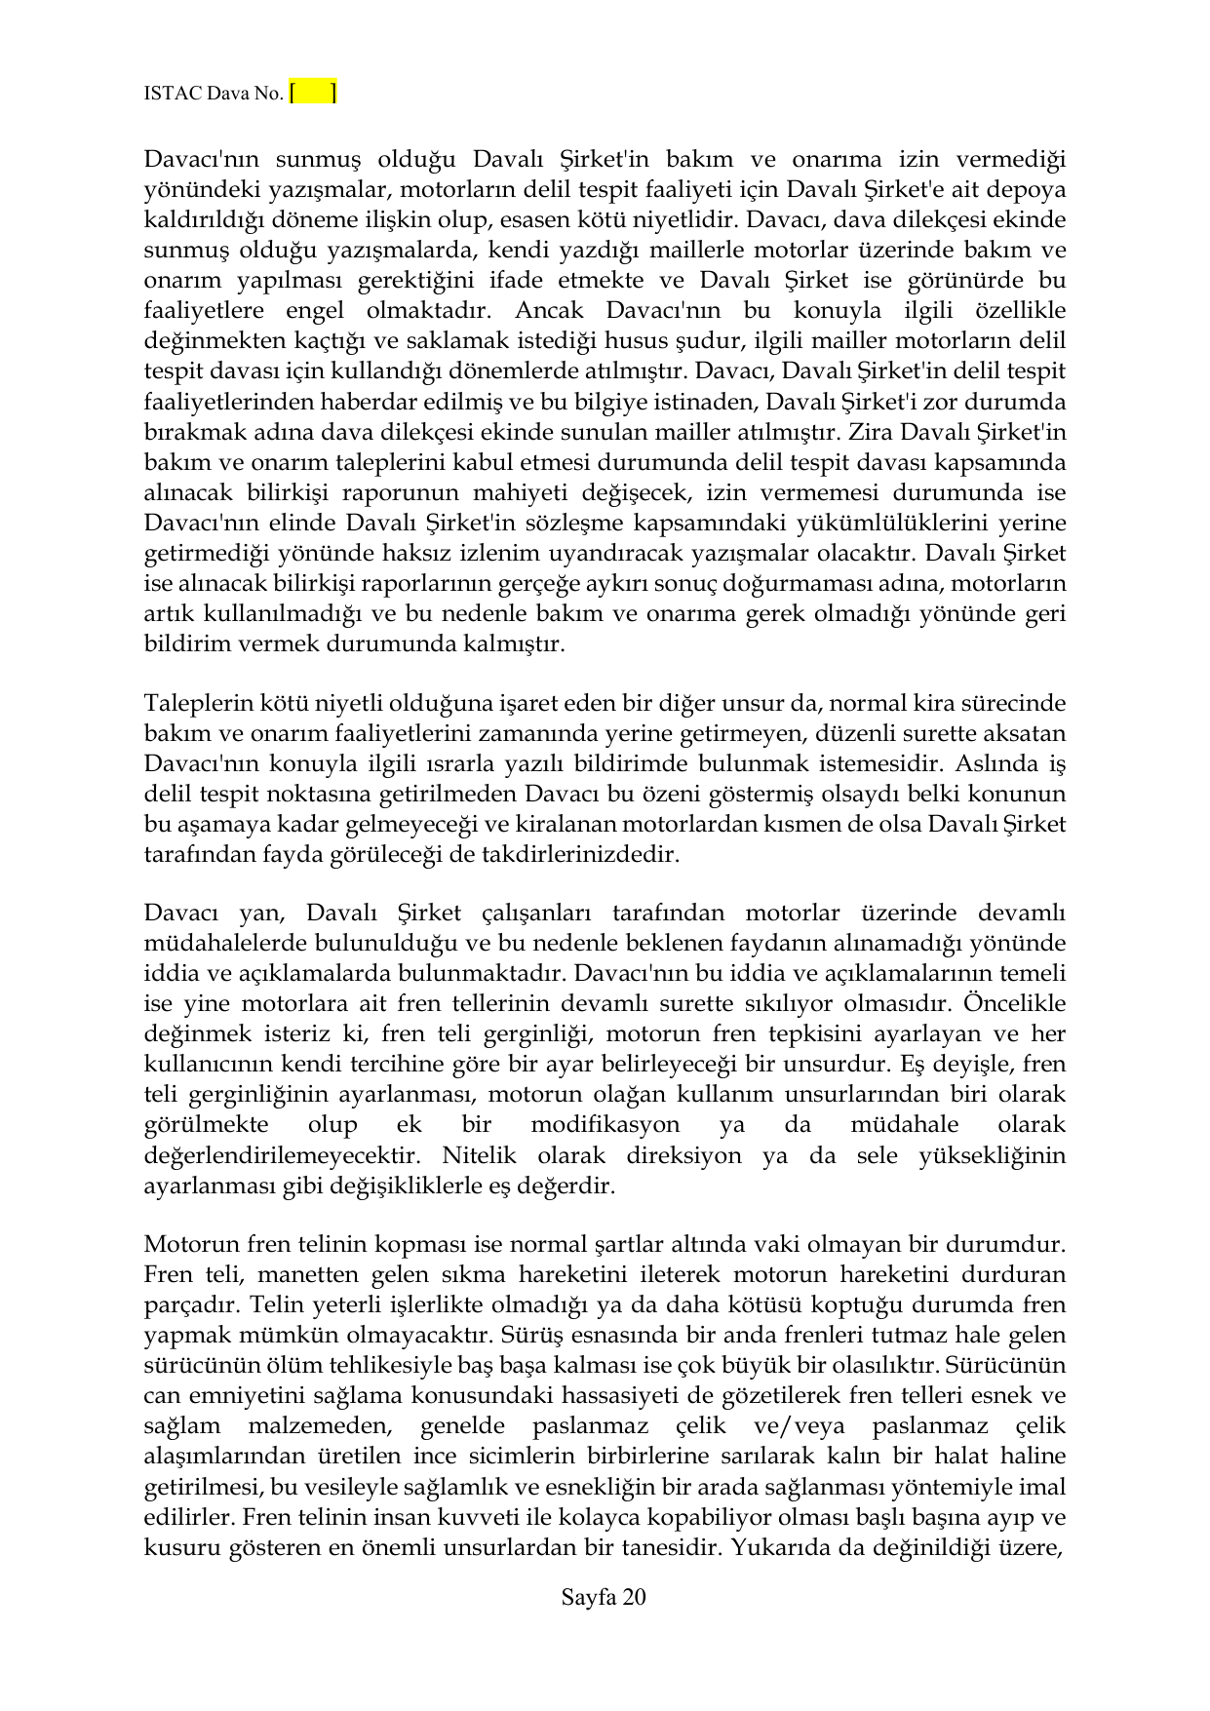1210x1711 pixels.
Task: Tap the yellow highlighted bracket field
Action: pyautogui.click(x=313, y=93)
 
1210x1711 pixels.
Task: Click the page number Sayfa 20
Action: pyautogui.click(x=604, y=1597)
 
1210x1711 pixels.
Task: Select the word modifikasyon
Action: pyautogui.click(x=605, y=1124)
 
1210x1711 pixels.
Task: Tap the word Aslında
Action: pyautogui.click(x=1000, y=763)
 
